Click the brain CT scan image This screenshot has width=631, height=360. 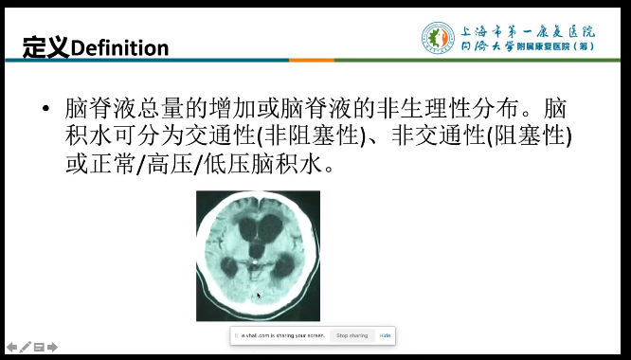pos(258,256)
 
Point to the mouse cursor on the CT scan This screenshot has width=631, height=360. pos(258,295)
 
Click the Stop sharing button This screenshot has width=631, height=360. pos(351,335)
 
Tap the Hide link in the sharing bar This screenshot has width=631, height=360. pos(386,335)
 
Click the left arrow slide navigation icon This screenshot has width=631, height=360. pos(11,347)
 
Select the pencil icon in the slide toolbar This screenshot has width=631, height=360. pos(25,347)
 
